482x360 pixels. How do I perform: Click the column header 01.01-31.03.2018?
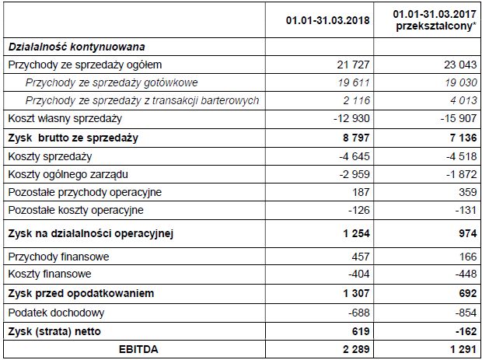[327, 19]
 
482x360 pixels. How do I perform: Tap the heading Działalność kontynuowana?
[77, 47]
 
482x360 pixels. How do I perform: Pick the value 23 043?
[456, 65]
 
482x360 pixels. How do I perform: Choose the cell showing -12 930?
[351, 119]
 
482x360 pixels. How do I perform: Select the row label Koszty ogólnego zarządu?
[72, 173]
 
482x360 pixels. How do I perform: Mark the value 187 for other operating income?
[361, 192]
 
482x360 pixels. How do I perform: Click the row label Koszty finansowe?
[49, 274]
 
